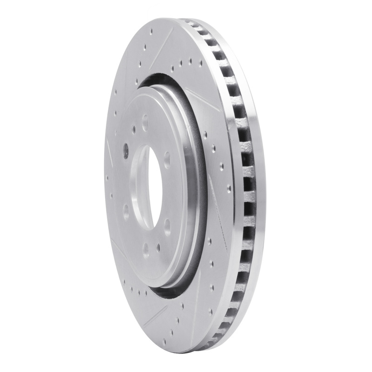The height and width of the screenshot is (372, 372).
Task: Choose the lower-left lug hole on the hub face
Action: click(126, 212)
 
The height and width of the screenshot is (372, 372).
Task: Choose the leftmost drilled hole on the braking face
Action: click(108, 177)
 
